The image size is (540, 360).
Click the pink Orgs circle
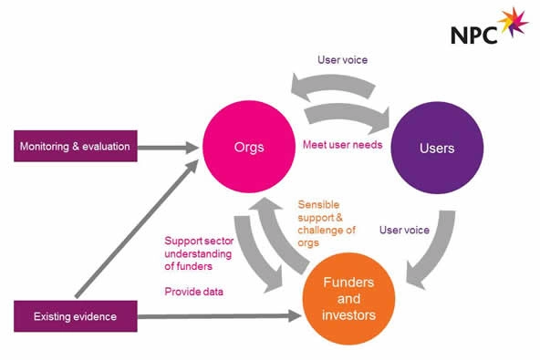(x=249, y=147)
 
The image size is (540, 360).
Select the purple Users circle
(x=437, y=148)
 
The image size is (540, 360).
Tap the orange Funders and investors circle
(x=348, y=299)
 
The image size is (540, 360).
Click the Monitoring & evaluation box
(x=76, y=146)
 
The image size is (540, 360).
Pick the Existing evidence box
(x=76, y=316)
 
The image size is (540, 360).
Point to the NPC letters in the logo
(x=474, y=35)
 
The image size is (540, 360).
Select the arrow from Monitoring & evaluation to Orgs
(x=168, y=148)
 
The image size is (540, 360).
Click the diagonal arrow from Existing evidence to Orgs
(x=137, y=229)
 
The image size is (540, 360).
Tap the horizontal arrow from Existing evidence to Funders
(x=219, y=316)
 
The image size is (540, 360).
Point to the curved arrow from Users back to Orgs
(x=332, y=86)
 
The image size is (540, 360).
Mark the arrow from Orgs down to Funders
(x=254, y=254)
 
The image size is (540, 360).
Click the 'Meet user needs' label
(x=343, y=145)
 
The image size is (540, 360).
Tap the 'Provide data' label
(x=194, y=292)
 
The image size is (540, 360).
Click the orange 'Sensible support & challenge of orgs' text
(x=327, y=223)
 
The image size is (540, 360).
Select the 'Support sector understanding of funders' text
(x=199, y=253)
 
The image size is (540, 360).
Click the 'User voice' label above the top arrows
(x=342, y=60)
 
